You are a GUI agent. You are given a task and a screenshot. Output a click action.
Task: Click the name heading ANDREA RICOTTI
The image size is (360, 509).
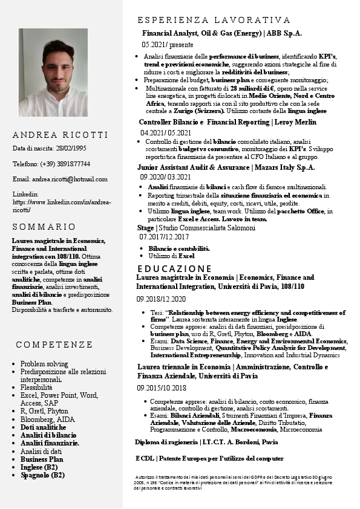[x=60, y=135]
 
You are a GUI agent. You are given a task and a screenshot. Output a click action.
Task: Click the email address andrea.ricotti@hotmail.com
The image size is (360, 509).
[x=70, y=179]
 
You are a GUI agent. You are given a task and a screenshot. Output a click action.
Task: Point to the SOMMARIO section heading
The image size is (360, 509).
[x=44, y=227]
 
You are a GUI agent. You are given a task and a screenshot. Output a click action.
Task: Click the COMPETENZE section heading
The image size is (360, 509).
[x=54, y=345]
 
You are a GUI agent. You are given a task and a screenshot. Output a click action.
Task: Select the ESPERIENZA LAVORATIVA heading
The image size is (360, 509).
[x=214, y=20]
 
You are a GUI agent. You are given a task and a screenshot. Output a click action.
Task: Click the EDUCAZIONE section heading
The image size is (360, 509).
[x=174, y=268]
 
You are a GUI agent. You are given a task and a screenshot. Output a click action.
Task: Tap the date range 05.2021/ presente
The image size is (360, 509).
[x=168, y=45]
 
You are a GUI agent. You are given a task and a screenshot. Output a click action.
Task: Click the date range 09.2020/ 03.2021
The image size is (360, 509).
[x=165, y=177]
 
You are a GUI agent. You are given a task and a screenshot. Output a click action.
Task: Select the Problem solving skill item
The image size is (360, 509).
[x=44, y=364]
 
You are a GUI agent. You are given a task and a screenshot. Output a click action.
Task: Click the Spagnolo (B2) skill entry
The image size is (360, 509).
[x=42, y=475]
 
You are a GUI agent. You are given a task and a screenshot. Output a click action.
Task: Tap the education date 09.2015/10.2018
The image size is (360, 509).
[x=162, y=388]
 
